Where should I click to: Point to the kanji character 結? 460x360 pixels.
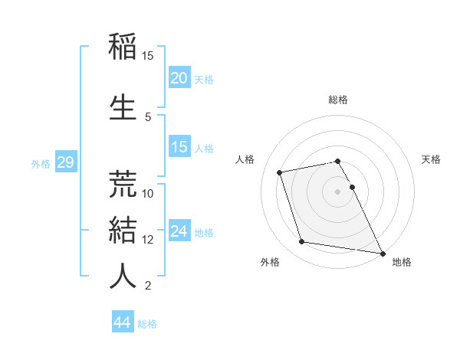tap(123, 229)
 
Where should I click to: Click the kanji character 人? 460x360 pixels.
tap(123, 276)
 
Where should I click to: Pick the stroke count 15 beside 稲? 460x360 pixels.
tap(148, 56)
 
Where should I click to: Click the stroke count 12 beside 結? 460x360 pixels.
tap(148, 240)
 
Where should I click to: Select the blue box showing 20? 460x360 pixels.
tap(179, 78)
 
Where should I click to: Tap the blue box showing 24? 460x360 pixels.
tap(179, 231)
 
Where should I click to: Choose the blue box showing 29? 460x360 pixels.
tap(64, 162)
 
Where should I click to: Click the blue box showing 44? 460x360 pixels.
tap(122, 323)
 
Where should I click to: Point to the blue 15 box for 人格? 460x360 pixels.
tap(179, 147)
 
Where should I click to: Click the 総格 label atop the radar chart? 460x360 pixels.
tap(338, 100)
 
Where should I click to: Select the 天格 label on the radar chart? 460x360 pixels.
tap(431, 159)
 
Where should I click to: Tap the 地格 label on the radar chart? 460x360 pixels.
tap(402, 262)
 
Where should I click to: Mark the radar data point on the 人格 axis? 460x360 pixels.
tap(280, 172)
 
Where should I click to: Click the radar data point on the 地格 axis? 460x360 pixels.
tap(382, 253)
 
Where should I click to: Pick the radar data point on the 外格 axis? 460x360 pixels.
tap(302, 242)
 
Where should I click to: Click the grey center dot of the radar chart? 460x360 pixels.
tap(338, 191)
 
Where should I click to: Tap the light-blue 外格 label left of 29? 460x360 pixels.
tap(40, 163)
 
